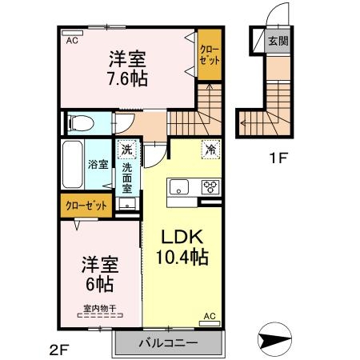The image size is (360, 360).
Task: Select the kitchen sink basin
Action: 178,189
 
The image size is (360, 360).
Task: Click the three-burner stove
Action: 211,189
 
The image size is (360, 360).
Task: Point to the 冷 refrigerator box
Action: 210,148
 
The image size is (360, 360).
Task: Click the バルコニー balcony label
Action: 168,345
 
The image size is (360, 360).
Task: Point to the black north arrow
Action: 277,341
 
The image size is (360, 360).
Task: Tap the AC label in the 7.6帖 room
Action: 70,40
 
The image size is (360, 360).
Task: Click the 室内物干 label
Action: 98,309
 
